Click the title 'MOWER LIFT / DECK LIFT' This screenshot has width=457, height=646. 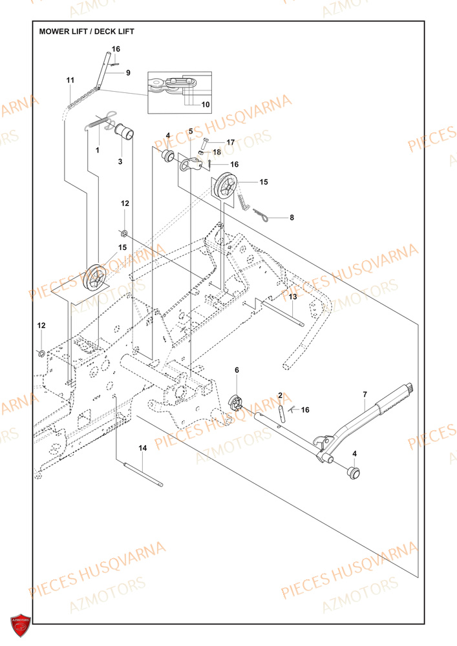87,31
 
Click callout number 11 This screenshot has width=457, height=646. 70,79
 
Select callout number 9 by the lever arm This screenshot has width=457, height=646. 128,73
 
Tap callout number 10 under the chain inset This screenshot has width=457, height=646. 206,104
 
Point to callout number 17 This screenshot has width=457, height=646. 230,141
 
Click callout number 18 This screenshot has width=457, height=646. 217,152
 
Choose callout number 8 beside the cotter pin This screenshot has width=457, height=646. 292,218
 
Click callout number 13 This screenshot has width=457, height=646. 292,297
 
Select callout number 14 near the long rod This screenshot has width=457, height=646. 143,447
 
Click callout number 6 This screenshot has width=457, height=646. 237,370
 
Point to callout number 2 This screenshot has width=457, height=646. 281,395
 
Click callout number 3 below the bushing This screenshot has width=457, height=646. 120,161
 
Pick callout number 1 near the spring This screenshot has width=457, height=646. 98,150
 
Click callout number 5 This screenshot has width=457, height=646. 191,131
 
